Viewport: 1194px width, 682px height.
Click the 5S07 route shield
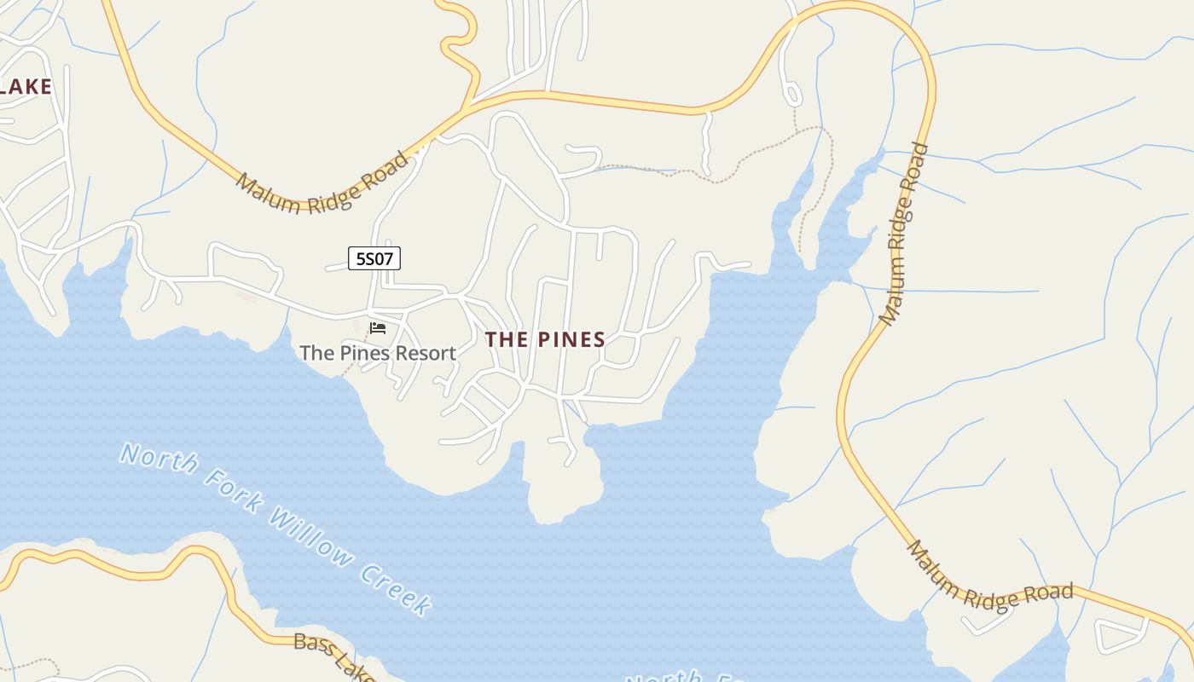pyautogui.click(x=374, y=258)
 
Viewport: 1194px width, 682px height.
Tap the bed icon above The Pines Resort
pyautogui.click(x=378, y=327)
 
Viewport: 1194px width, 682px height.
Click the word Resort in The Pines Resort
pyautogui.click(x=425, y=353)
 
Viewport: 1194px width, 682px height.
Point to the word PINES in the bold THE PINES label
pyautogui.click(x=571, y=339)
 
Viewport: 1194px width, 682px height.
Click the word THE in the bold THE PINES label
pyautogui.click(x=507, y=339)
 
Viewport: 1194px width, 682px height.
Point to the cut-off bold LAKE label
pyautogui.click(x=26, y=86)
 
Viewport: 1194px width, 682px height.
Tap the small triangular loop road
pyautogui.click(x=1120, y=635)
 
